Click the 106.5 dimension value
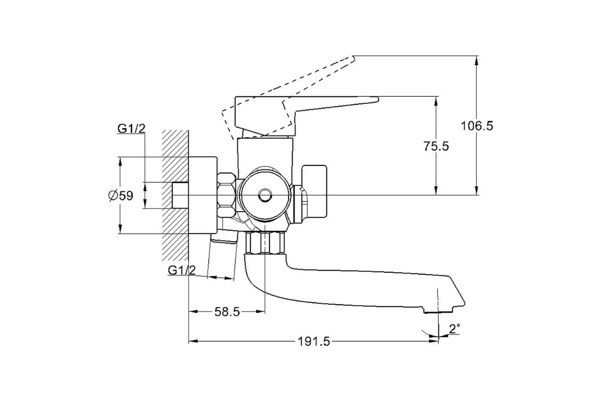pos(477,126)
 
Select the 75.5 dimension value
pos(436,146)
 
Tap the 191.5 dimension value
pos(314,342)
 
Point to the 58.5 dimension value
pos(227,312)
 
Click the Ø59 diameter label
pos(121,195)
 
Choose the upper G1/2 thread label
pos(131,129)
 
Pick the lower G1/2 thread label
pos(182,270)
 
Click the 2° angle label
pos(455,328)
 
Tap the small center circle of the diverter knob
pos(265,195)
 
